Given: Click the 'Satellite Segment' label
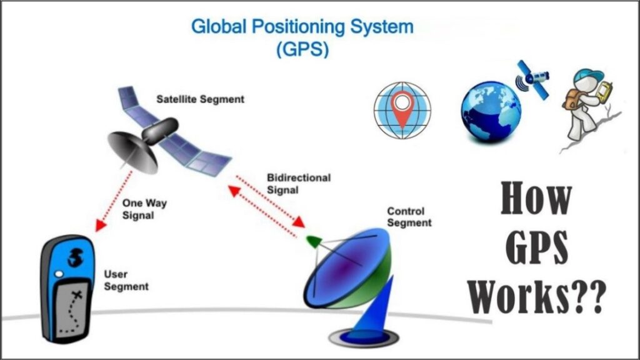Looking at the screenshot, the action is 201,99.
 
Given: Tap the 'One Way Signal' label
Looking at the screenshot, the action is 144,209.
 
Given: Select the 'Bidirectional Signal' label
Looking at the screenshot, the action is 299,184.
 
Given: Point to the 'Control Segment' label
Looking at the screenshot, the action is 409,217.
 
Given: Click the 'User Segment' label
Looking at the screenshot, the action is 126,281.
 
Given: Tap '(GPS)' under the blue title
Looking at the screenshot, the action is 302,49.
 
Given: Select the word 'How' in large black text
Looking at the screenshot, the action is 536,199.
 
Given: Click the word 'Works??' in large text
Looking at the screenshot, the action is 536,296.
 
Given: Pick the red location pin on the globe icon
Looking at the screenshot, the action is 402,108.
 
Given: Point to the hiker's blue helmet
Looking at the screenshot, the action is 588,77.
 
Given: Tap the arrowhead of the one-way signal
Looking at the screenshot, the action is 99,225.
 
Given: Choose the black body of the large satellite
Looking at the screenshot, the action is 160,130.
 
